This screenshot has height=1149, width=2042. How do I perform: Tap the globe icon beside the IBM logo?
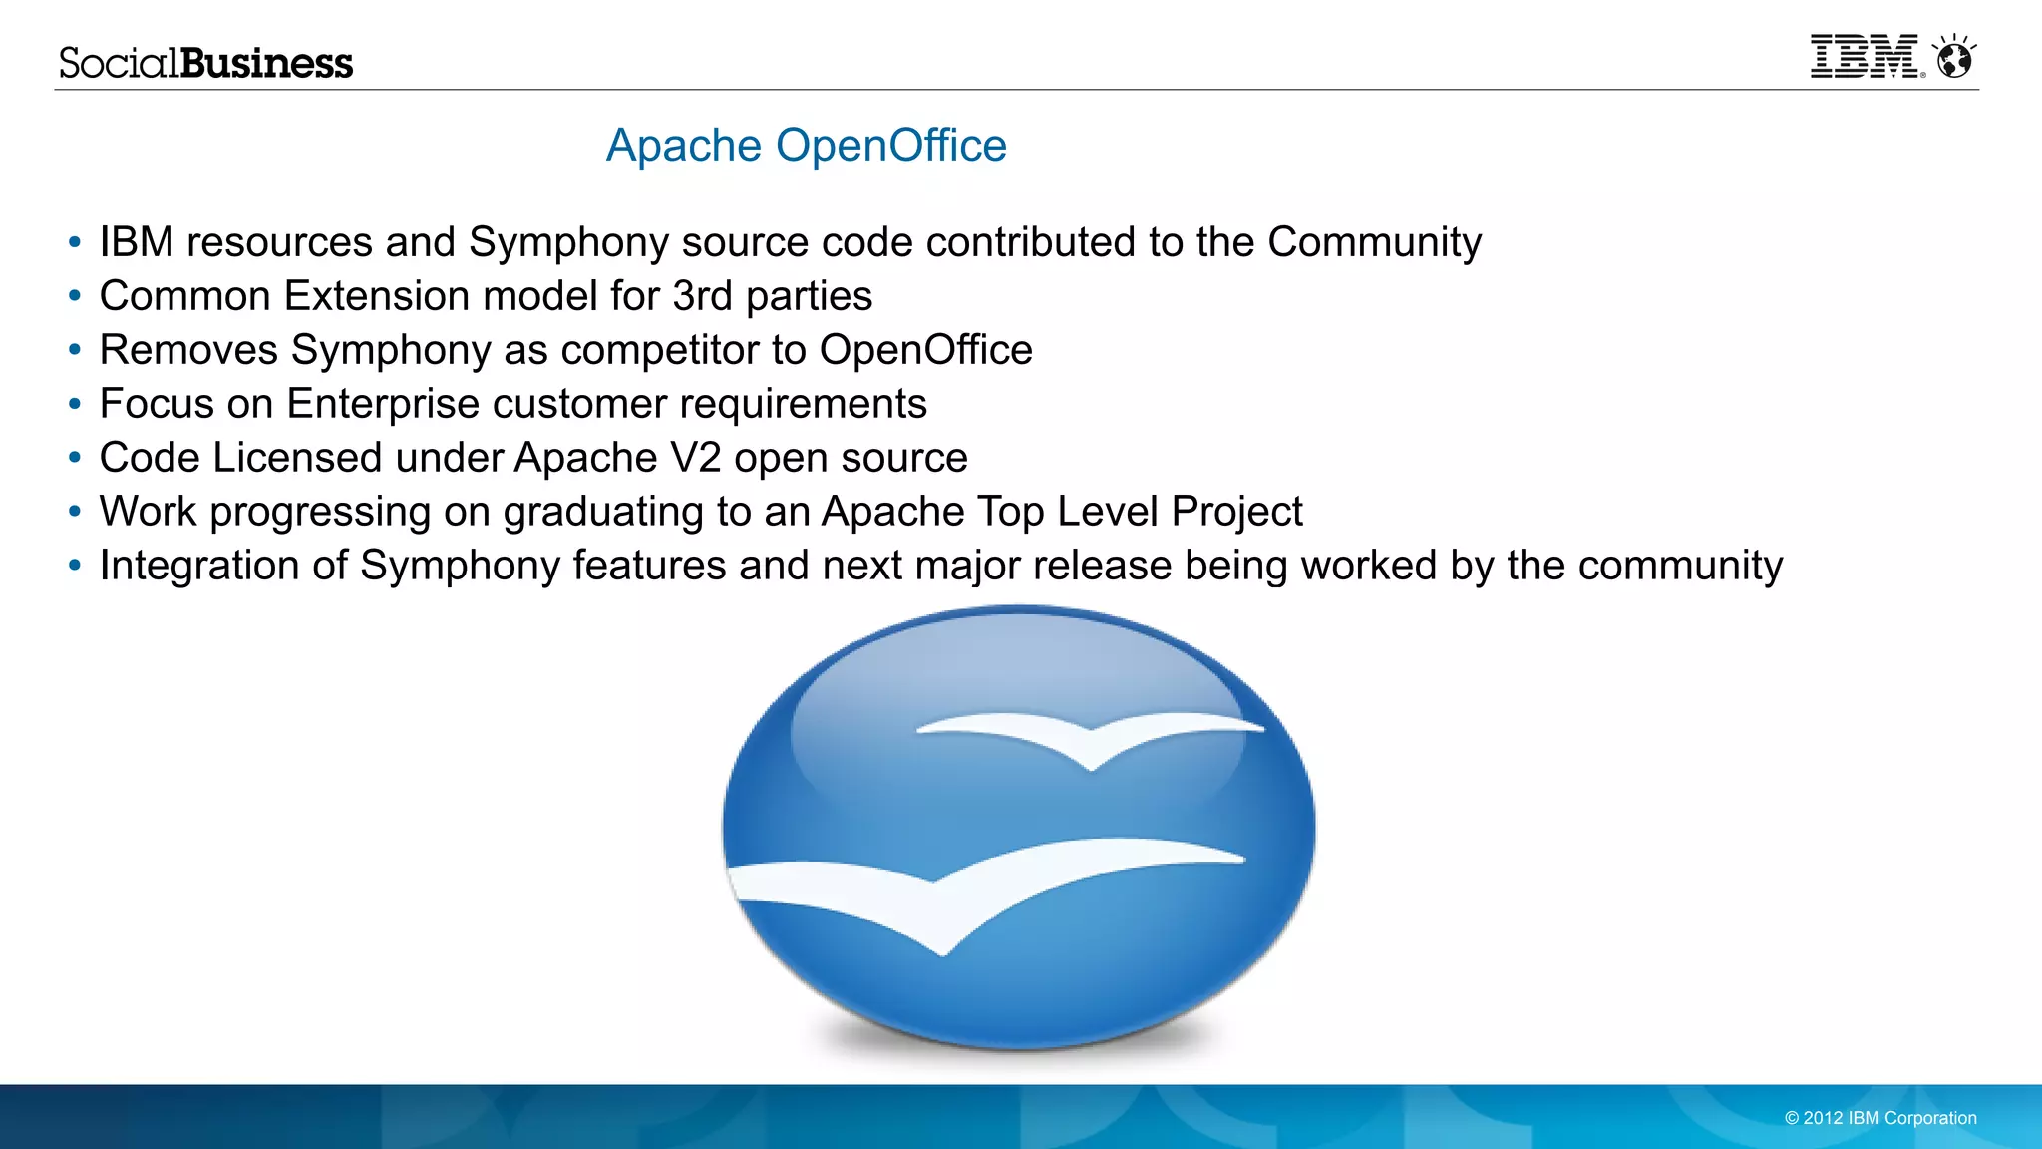(1954, 58)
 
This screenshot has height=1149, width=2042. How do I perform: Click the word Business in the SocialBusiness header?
(267, 63)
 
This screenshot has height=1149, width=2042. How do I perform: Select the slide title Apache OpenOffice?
(807, 146)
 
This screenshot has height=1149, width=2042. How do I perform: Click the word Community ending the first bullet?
(1374, 242)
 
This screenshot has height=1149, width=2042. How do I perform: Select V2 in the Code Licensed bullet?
(695, 458)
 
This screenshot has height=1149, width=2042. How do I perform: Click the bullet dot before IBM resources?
(75, 242)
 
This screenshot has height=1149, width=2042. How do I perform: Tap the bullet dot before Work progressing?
(75, 512)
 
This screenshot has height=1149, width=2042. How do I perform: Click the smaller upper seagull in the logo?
(1090, 738)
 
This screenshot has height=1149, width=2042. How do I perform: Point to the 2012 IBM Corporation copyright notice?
(1880, 1118)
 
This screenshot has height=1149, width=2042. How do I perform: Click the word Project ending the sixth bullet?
(1236, 512)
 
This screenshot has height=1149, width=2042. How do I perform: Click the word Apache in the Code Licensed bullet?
(585, 458)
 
